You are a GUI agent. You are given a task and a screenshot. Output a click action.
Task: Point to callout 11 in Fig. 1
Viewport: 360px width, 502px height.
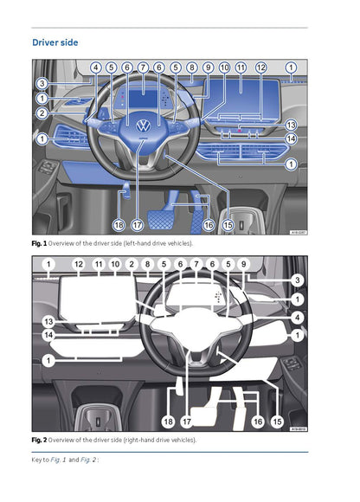pos(241,67)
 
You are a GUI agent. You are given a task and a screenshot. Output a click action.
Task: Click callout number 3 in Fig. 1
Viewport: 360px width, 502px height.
pos(41,84)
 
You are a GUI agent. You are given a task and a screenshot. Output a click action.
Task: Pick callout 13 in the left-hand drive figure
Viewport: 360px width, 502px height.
pos(291,125)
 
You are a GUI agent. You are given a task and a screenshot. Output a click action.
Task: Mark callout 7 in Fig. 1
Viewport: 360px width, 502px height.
pos(143,67)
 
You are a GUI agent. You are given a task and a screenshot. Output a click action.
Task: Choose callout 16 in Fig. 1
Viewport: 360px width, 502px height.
pos(208,224)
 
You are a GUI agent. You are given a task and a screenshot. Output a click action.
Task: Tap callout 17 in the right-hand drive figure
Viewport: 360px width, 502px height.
pos(187,422)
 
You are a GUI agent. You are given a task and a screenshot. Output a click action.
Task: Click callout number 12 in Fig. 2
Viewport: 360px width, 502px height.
pos(79,263)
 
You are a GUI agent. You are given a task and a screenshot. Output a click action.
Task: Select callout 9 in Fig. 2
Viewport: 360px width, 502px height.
pos(244,263)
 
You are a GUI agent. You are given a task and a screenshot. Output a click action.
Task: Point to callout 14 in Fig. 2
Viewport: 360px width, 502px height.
pos(48,333)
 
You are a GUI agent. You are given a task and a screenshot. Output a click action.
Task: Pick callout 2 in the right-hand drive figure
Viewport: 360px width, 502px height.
pos(132,263)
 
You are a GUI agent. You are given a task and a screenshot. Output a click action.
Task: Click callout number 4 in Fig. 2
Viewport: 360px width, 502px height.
pos(297,318)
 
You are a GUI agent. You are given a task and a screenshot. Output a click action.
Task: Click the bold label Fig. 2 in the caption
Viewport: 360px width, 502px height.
pos(40,441)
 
